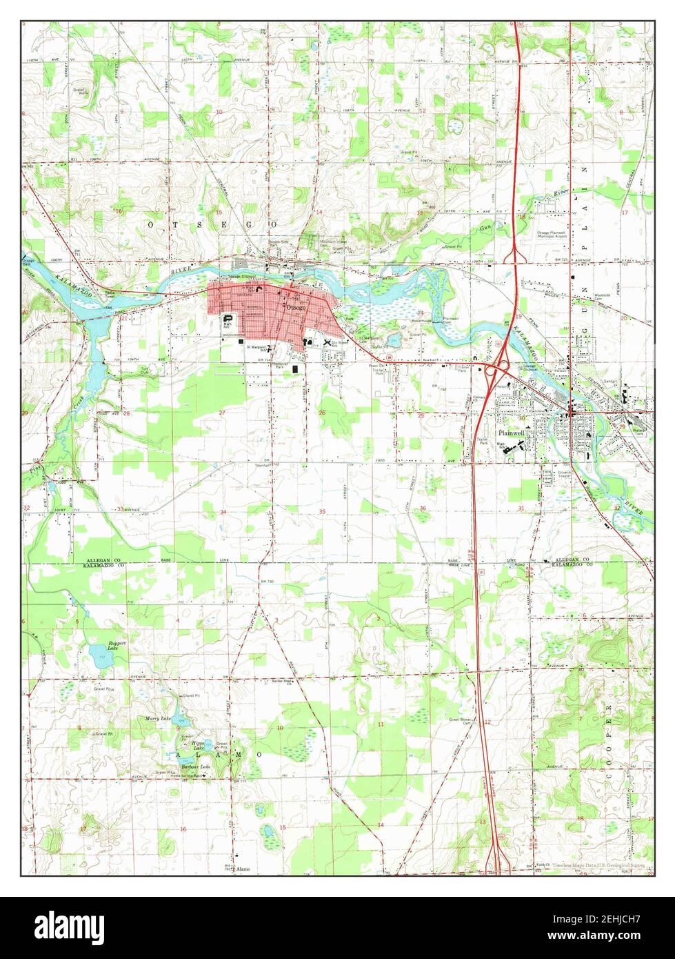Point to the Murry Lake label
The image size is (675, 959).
(x=158, y=718)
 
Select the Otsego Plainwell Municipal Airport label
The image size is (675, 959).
(x=556, y=235)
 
